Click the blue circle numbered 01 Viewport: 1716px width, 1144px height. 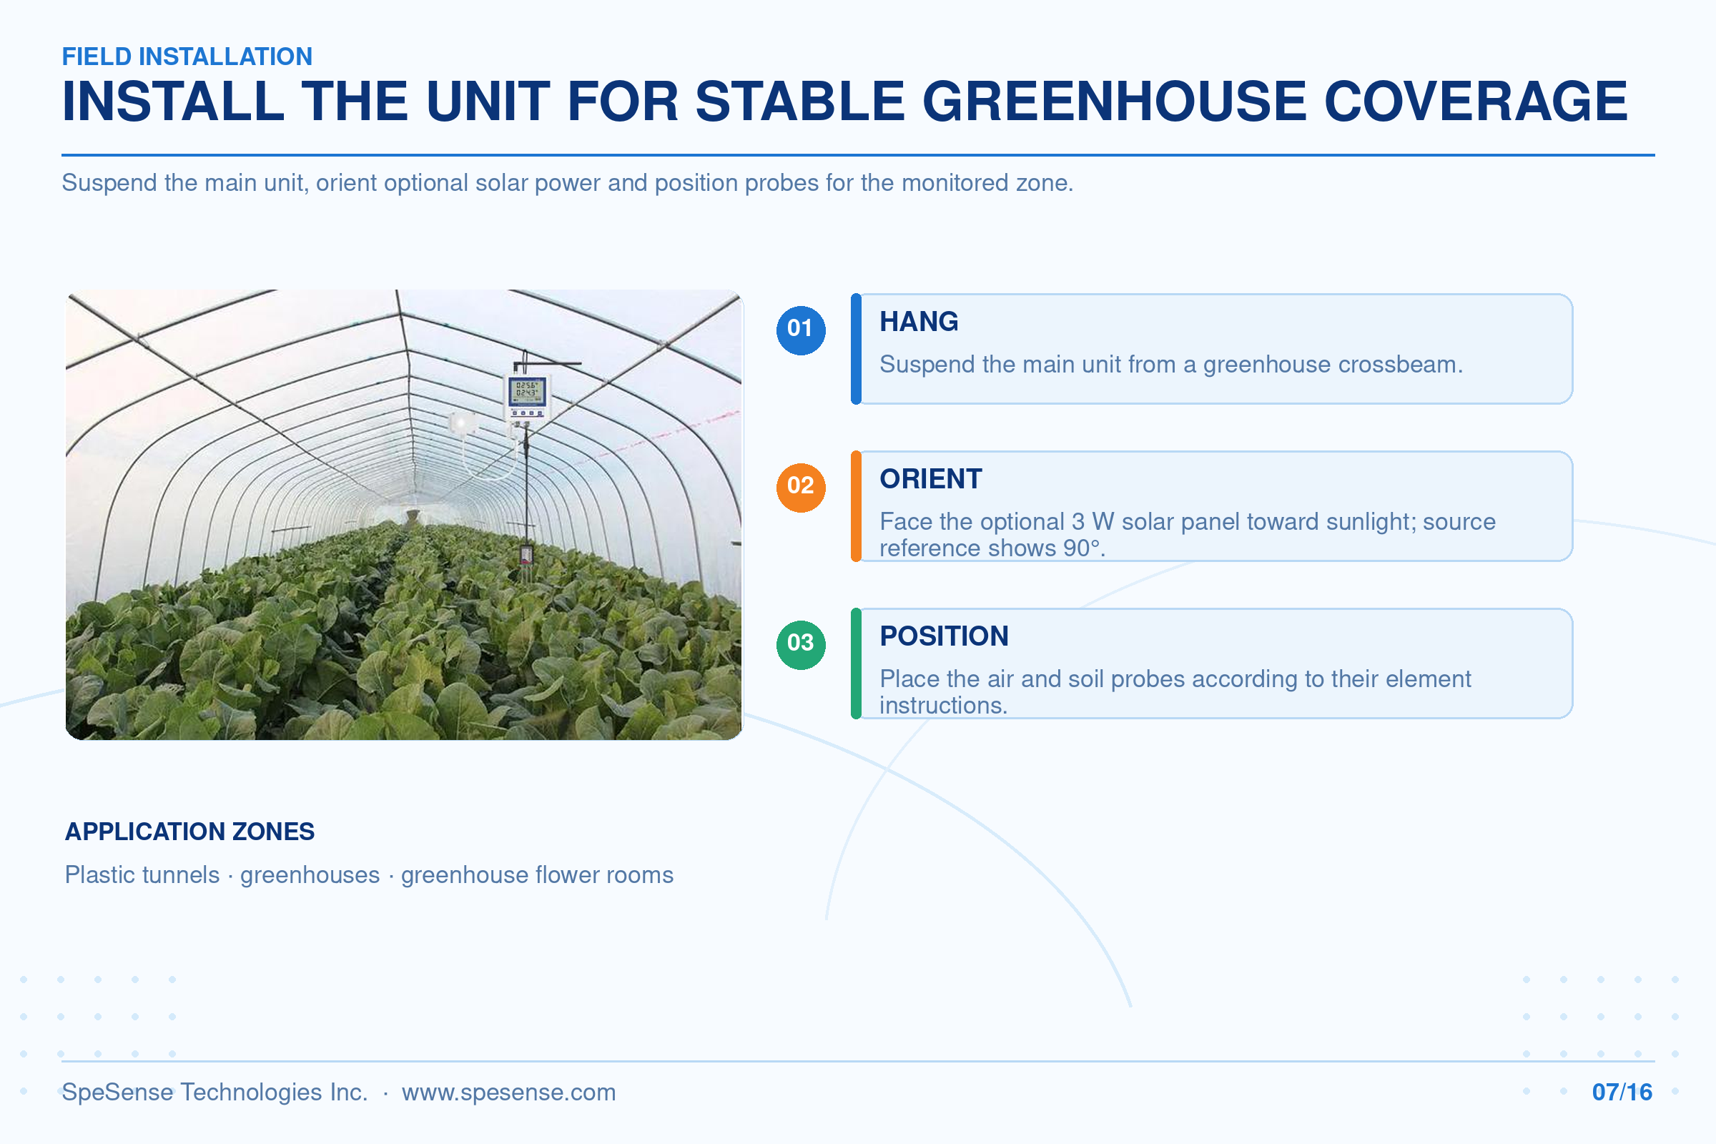[800, 330]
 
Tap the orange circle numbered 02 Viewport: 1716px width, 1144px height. [800, 488]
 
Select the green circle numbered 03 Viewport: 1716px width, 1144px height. [800, 644]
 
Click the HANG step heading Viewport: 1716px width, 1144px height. [919, 322]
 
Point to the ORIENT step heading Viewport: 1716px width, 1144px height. [931, 479]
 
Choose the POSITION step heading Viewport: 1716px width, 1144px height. [944, 636]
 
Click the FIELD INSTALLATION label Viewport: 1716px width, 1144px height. [187, 56]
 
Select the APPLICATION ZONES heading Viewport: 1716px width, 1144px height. [189, 831]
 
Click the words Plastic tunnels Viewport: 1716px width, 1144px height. [142, 874]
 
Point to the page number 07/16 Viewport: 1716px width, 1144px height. [1622, 1093]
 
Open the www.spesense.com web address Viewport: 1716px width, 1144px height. [508, 1093]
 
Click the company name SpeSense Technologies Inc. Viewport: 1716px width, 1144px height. [214, 1093]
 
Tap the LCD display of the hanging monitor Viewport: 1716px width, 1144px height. [527, 391]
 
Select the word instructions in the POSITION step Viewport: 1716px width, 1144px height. [942, 706]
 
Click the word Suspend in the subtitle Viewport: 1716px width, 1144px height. [109, 182]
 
